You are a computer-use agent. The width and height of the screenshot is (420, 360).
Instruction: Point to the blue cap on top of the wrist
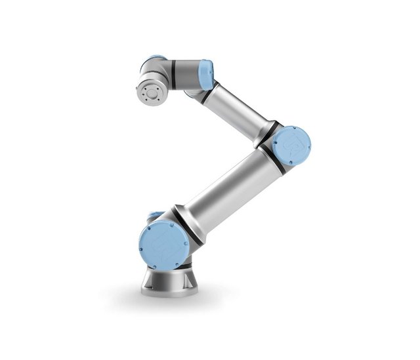[155, 59]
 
